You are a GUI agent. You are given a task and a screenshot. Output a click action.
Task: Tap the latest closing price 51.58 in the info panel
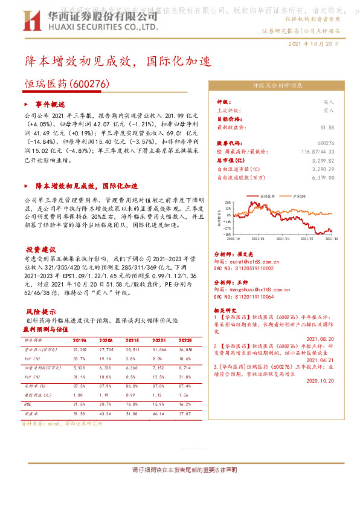327,128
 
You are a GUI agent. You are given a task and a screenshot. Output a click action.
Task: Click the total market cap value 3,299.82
323,161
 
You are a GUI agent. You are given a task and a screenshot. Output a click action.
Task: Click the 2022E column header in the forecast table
159,340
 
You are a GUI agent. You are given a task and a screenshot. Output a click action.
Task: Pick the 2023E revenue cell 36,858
185,349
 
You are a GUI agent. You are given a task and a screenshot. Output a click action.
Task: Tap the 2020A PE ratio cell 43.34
106,413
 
